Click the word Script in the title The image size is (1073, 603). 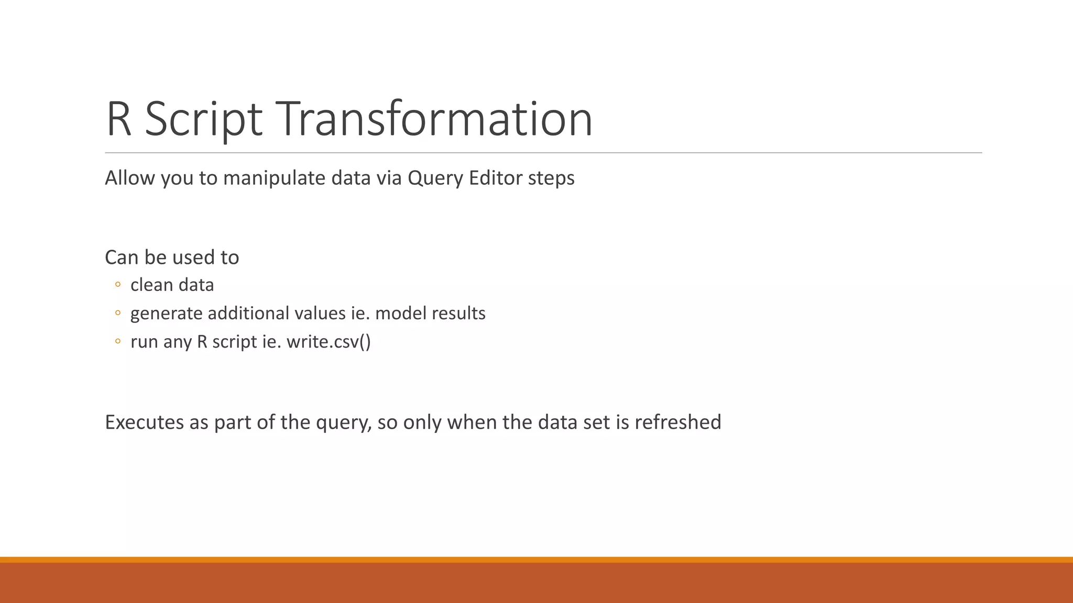coord(203,119)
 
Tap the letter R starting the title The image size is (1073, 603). coord(118,119)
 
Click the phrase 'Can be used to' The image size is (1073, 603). coord(172,258)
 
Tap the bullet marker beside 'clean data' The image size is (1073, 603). coord(118,285)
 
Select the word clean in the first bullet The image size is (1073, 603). coord(151,285)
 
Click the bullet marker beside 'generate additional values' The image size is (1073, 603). coord(118,313)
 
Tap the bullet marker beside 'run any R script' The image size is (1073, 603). coord(118,341)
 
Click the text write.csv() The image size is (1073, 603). coord(329,342)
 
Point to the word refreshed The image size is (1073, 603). coord(677,422)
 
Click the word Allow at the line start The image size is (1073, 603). coord(130,178)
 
